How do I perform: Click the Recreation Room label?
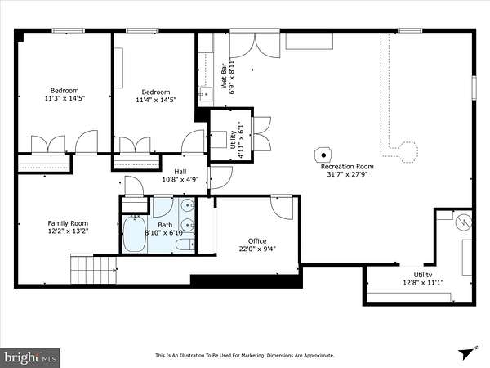click(347, 167)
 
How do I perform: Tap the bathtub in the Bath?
click(135, 233)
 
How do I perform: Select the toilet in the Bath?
click(185, 244)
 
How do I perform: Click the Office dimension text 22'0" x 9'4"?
click(257, 249)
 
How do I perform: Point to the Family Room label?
click(68, 223)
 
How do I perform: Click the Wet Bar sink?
click(206, 93)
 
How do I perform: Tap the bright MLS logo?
click(29, 357)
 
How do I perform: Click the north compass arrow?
click(467, 353)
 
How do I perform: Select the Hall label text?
click(180, 172)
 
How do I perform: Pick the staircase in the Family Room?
click(93, 270)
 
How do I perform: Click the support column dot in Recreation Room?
click(323, 155)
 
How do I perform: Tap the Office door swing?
click(282, 207)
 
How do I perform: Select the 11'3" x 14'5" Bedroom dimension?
click(65, 98)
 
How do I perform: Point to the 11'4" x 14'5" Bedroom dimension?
click(156, 100)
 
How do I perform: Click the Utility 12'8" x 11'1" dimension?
click(423, 283)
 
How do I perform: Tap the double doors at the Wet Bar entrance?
click(255, 45)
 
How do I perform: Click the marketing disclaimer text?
click(245, 356)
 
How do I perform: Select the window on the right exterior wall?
click(474, 88)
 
